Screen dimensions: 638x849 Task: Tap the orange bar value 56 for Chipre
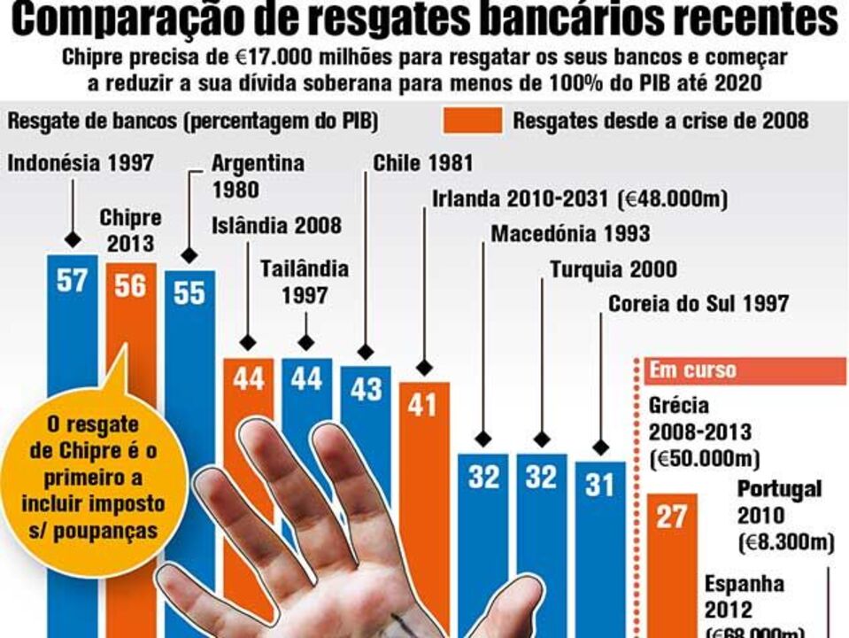click(130, 285)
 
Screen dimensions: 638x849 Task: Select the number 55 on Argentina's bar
click(189, 293)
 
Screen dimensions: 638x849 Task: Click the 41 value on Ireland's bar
click(424, 405)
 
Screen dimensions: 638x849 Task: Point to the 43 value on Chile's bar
click(366, 389)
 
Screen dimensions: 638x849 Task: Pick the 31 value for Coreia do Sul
click(600, 485)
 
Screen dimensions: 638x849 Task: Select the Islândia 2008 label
click(276, 225)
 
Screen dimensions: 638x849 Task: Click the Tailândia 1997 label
click(305, 282)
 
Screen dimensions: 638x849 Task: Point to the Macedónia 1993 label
click(570, 234)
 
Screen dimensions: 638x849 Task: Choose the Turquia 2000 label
click(613, 269)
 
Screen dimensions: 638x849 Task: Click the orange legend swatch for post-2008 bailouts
click(479, 121)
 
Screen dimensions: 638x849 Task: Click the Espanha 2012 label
click(745, 597)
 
